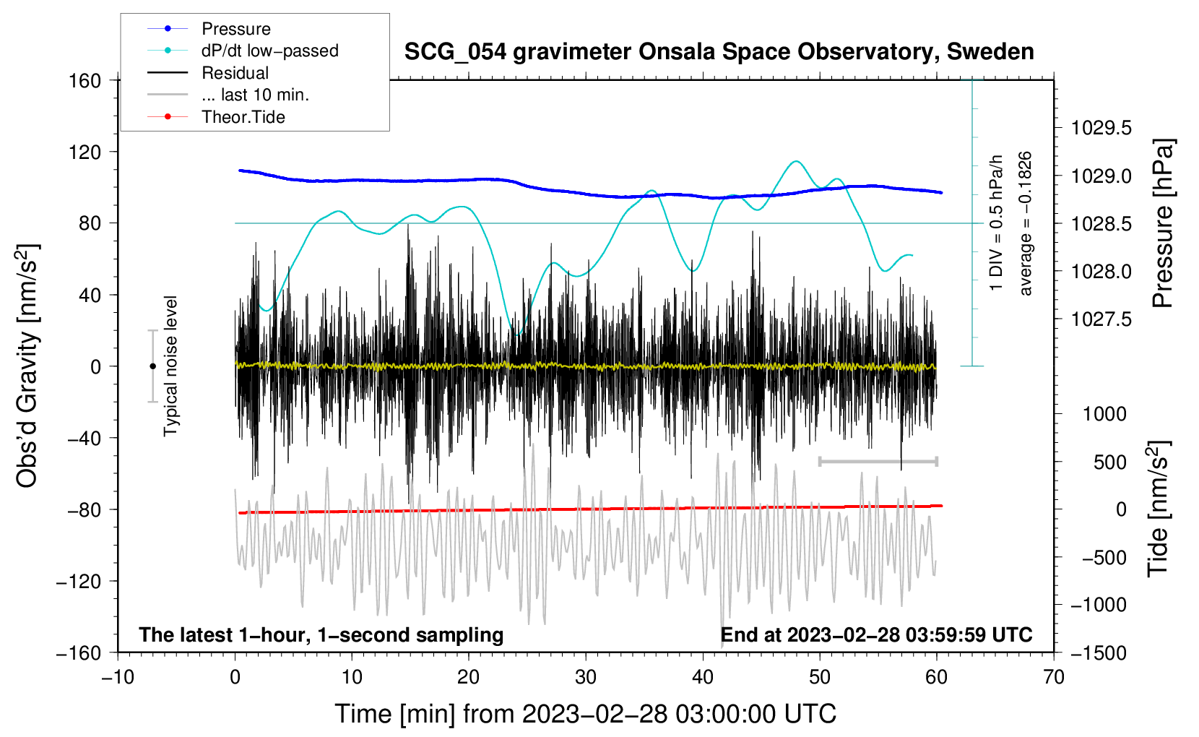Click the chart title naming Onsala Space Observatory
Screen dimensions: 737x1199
(x=719, y=52)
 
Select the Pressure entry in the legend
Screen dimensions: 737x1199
(x=235, y=29)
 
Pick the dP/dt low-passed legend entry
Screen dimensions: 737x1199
(x=269, y=51)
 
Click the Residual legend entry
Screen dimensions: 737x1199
(x=235, y=73)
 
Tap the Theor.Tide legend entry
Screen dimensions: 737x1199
(x=243, y=117)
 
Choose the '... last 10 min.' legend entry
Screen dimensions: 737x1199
(x=255, y=95)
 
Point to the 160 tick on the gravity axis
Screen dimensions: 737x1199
(x=85, y=81)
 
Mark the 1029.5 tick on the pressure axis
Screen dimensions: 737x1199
(x=1101, y=129)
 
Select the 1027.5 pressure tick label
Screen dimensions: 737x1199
(x=1101, y=319)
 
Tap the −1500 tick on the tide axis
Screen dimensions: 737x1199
(x=1098, y=652)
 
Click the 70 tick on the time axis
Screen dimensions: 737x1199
(x=1054, y=678)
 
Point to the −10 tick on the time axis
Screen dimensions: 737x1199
(x=118, y=678)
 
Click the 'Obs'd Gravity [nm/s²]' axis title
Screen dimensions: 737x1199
(x=27, y=366)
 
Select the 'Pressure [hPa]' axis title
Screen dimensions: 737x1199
(x=1163, y=224)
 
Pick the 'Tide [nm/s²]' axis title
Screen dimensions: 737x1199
(x=1158, y=509)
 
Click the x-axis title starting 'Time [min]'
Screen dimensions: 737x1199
(x=585, y=714)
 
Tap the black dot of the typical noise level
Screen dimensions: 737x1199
(x=152, y=366)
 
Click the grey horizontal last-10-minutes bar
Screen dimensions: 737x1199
(x=878, y=461)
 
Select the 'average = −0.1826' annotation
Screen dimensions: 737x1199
(x=1026, y=224)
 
